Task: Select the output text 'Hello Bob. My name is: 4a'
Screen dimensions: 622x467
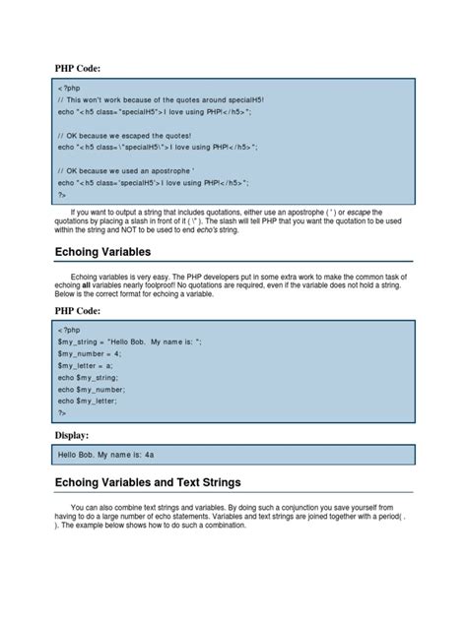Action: click(113, 454)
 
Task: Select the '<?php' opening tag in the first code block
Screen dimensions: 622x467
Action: click(68, 89)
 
